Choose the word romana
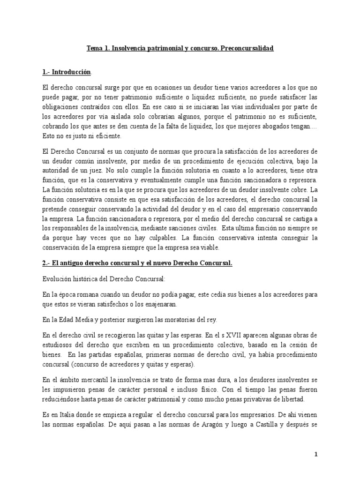click(x=94, y=294)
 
